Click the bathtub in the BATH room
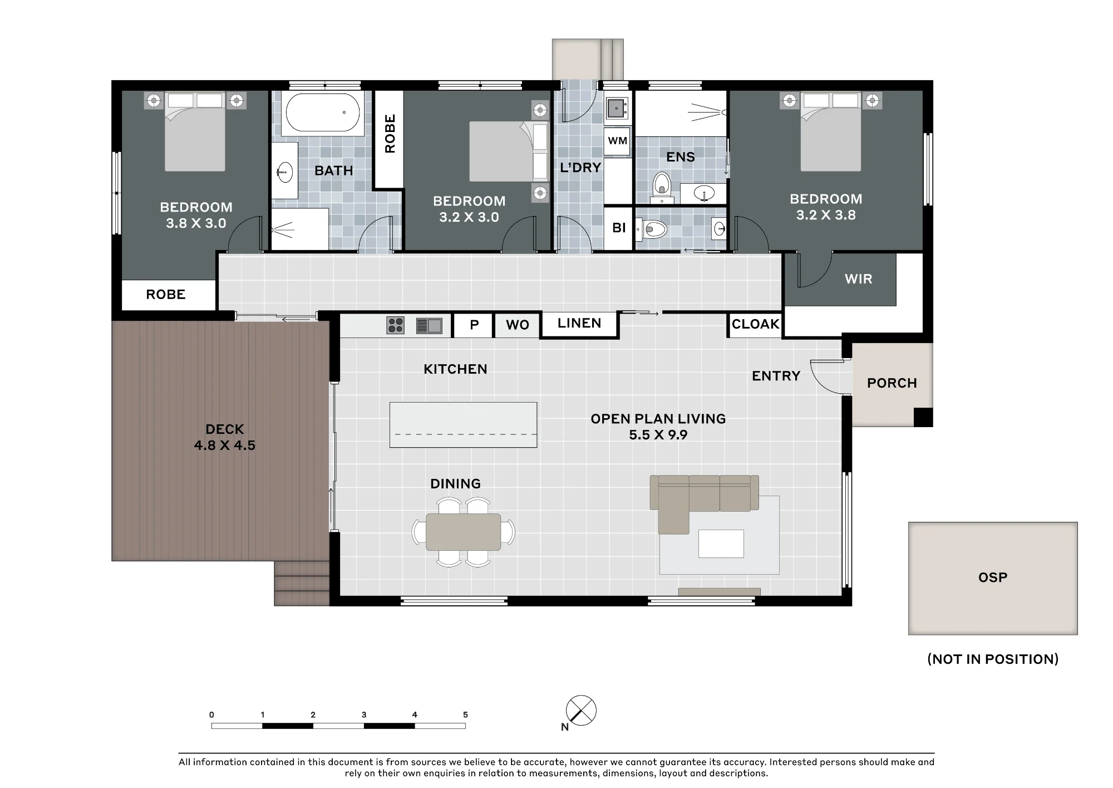click(x=323, y=113)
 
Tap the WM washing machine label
click(x=618, y=141)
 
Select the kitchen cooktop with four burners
click(x=396, y=325)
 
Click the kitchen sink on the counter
click(x=429, y=325)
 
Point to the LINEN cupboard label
click(x=579, y=323)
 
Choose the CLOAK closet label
click(x=755, y=324)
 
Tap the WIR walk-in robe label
click(x=859, y=279)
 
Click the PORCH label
click(x=892, y=383)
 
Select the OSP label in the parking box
click(x=993, y=577)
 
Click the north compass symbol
click(x=581, y=711)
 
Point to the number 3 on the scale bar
click(x=364, y=714)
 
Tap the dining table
click(x=464, y=532)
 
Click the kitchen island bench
click(x=463, y=425)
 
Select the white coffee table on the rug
click(x=721, y=544)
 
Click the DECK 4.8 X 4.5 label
click(x=225, y=437)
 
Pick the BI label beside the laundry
click(x=619, y=228)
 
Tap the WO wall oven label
click(x=518, y=325)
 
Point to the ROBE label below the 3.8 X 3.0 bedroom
click(x=166, y=295)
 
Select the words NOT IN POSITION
click(x=993, y=659)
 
